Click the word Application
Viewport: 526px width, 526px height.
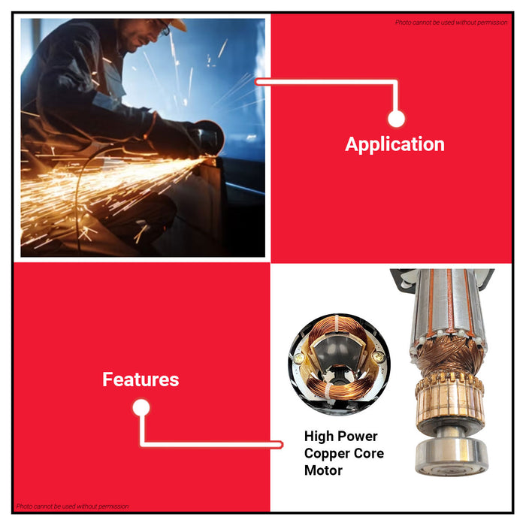394,144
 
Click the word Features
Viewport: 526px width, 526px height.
141,379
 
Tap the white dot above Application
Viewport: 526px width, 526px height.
397,119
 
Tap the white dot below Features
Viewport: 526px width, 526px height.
141,408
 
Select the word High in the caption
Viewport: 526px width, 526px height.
320,437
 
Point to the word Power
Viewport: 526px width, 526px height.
361,437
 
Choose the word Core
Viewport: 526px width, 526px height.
370,454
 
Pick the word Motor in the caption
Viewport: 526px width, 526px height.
323,471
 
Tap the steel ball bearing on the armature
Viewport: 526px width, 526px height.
450,458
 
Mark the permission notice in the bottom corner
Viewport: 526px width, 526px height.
73,506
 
